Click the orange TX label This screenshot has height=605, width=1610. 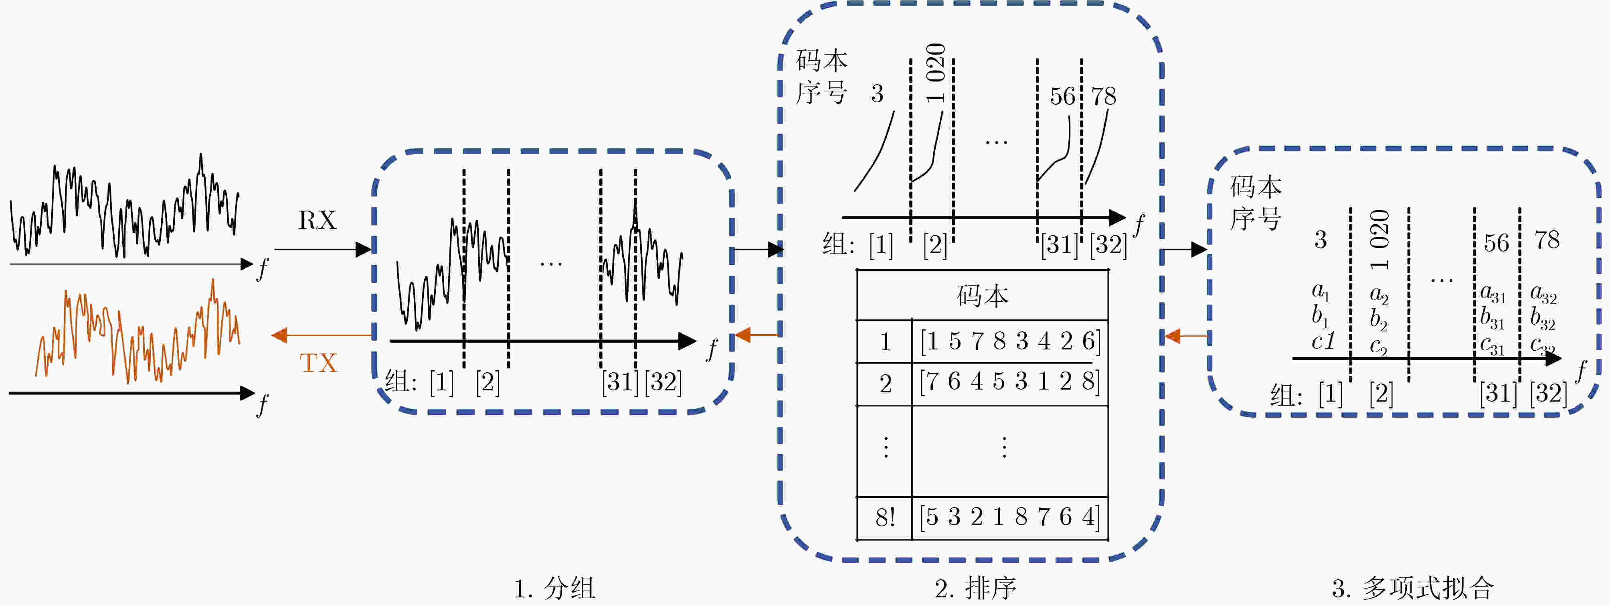(x=318, y=363)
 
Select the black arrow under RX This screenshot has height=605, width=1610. (x=323, y=250)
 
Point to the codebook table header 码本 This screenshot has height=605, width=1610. (x=983, y=295)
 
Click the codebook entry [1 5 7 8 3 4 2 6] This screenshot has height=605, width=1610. (x=1010, y=341)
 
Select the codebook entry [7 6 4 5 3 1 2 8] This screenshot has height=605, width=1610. (x=1009, y=381)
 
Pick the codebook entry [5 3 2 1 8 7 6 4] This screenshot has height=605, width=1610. (x=1009, y=517)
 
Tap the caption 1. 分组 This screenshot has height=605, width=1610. (x=554, y=589)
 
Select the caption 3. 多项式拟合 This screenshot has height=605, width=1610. (x=1412, y=589)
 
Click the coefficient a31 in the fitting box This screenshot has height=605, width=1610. (x=1493, y=293)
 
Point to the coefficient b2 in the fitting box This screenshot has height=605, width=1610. (x=1379, y=319)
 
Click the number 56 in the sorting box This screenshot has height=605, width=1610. (x=1062, y=96)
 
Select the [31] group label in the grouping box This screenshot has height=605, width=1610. (x=620, y=381)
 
